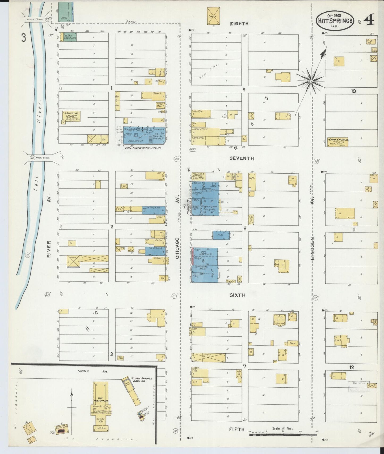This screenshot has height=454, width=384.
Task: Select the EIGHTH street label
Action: (x=239, y=24)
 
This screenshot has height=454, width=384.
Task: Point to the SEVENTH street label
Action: (x=242, y=158)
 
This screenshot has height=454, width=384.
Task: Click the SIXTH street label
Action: (x=238, y=295)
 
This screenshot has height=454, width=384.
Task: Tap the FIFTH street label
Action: (x=237, y=429)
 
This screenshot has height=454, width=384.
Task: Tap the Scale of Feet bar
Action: (x=282, y=434)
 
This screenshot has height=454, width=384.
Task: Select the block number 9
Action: (x=244, y=90)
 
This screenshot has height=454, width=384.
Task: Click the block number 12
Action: (x=351, y=367)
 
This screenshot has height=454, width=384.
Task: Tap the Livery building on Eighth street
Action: (x=213, y=16)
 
